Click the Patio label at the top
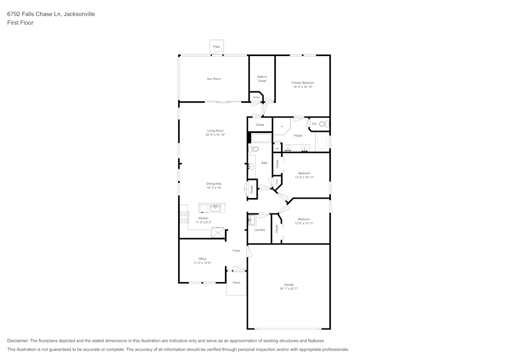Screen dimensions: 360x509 (x=216, y=47)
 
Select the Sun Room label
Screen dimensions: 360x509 (x=214, y=79)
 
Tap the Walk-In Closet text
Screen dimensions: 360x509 (x=262, y=79)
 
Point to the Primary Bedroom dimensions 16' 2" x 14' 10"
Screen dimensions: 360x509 (x=302, y=87)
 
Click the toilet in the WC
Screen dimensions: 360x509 (x=322, y=124)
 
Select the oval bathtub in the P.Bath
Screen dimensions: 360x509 (x=322, y=142)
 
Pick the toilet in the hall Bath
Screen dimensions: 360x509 (x=254, y=149)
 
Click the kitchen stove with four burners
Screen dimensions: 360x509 (x=184, y=217)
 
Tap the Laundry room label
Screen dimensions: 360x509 (x=259, y=230)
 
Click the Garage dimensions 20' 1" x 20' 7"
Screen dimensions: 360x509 (x=288, y=289)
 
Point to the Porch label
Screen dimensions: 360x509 (x=236, y=283)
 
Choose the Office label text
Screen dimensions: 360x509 (x=202, y=259)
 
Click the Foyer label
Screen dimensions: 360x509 (x=236, y=251)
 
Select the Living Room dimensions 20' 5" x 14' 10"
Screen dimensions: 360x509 (x=215, y=135)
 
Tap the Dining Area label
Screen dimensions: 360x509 (x=214, y=183)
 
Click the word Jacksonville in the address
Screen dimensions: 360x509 (x=79, y=14)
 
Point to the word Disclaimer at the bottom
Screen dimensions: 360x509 (x=18, y=341)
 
